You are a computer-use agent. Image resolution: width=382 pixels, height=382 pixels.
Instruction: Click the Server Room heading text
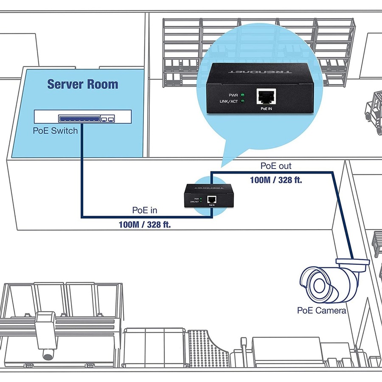pyautogui.click(x=82, y=84)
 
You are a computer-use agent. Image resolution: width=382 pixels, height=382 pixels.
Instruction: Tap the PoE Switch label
pyautogui.click(x=55, y=131)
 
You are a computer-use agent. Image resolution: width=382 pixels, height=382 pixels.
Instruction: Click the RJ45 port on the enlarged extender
pyautogui.click(x=266, y=98)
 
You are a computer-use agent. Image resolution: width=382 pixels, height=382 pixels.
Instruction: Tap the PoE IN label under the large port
pyautogui.click(x=266, y=109)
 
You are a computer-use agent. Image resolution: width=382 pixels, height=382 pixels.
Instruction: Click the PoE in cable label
pyautogui.click(x=145, y=210)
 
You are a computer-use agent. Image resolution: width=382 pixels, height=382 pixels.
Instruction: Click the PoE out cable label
pyautogui.click(x=276, y=166)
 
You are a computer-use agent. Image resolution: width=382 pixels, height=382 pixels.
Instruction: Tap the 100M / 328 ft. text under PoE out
pyautogui.click(x=276, y=180)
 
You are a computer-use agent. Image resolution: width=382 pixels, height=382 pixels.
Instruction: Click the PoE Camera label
pyautogui.click(x=322, y=310)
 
